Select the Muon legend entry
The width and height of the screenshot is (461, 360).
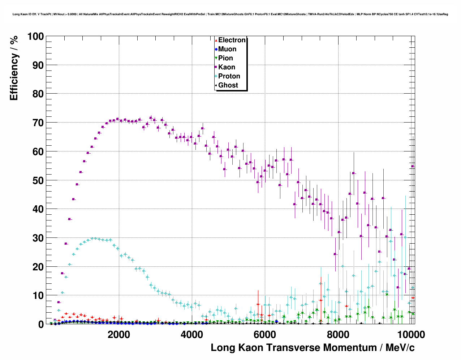(x=227, y=49)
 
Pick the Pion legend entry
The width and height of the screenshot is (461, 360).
(x=225, y=58)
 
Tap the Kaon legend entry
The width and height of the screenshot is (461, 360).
(x=227, y=67)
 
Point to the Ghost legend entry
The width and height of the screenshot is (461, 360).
(x=228, y=85)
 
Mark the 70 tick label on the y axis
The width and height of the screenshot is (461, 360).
(x=38, y=123)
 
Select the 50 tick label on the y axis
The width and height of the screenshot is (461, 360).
(x=38, y=180)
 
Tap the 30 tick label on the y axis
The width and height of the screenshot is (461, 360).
(x=38, y=238)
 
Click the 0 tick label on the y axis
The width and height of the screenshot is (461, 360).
(x=41, y=324)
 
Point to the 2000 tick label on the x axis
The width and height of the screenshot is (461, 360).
(x=119, y=335)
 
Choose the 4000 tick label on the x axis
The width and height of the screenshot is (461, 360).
(x=192, y=335)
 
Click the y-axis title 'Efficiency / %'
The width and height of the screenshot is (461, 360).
(x=14, y=68)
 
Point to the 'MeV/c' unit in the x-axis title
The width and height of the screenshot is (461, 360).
(x=400, y=348)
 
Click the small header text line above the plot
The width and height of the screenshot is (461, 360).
(x=230, y=14)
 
